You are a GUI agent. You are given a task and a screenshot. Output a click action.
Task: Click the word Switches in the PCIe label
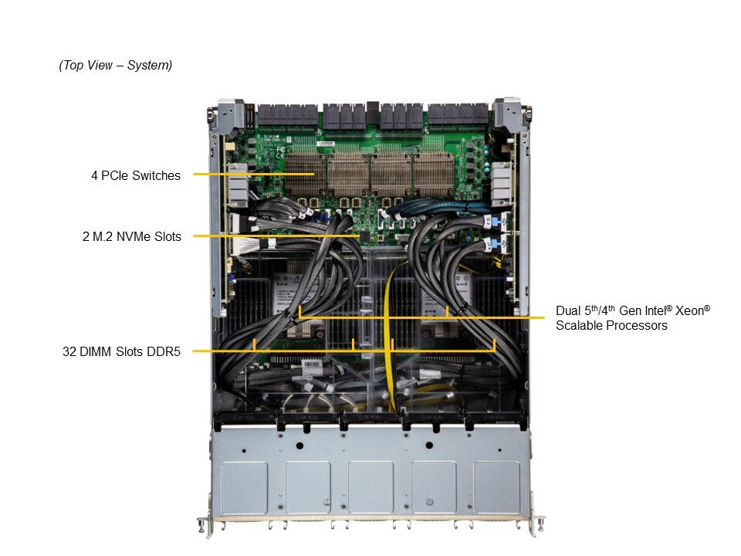[157, 175]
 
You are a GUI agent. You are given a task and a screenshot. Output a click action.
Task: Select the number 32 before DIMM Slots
[69, 352]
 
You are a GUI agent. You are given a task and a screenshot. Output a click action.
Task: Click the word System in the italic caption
[150, 65]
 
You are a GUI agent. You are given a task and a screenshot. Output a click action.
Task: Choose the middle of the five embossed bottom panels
[370, 487]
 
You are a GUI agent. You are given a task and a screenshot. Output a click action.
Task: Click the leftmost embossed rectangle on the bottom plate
[244, 487]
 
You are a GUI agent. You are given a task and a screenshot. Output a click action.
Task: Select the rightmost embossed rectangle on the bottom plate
[496, 487]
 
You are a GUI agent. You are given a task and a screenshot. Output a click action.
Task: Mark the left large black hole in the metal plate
[299, 446]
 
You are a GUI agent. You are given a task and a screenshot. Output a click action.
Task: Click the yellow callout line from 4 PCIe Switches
[254, 174]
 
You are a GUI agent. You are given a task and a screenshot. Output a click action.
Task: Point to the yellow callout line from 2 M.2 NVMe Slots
[277, 236]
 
